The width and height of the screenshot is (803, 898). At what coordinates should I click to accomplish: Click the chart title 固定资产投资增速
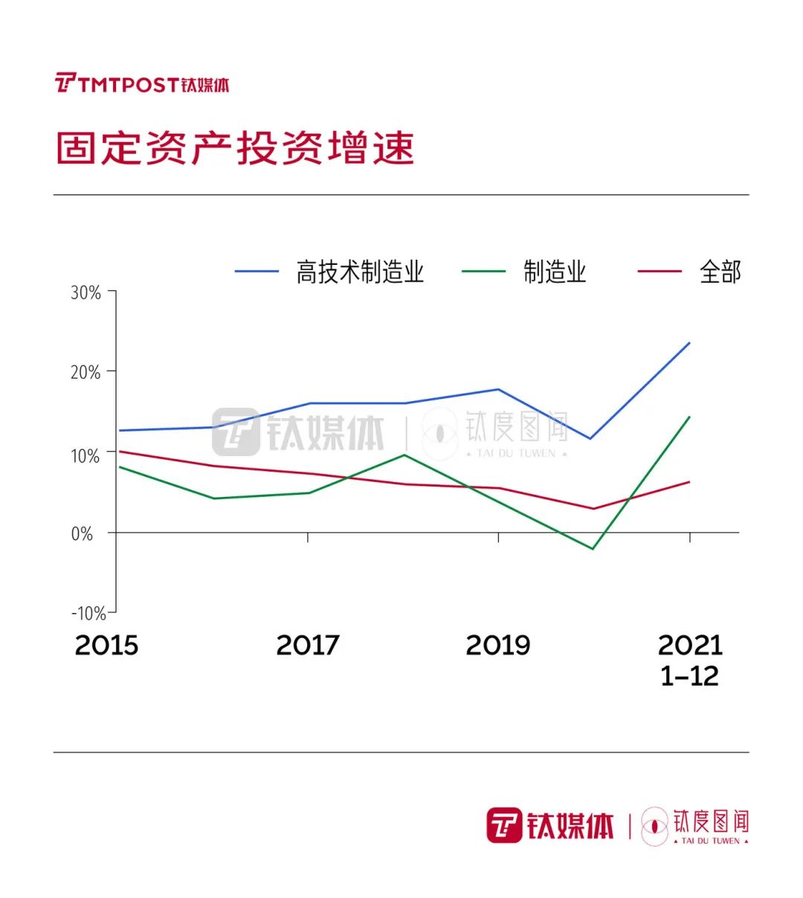235,148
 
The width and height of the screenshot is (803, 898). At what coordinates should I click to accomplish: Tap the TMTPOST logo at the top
142,83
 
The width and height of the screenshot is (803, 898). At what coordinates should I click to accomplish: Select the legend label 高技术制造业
360,272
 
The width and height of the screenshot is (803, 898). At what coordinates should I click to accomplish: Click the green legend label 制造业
555,272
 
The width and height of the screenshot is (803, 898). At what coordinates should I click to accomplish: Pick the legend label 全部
720,272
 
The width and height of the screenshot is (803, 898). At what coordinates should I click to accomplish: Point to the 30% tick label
86,292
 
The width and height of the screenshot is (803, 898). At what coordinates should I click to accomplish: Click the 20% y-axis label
86,372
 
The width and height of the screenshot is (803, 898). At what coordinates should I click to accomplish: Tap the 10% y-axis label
86,455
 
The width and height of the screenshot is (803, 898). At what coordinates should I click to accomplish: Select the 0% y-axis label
83,533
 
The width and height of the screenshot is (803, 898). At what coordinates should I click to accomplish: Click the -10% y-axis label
88,613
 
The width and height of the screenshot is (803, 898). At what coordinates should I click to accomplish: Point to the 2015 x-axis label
106,645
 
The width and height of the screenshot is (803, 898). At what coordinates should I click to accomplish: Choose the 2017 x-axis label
307,645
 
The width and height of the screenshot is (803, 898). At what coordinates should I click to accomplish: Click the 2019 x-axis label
498,645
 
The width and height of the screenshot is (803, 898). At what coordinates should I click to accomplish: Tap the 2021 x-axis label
690,645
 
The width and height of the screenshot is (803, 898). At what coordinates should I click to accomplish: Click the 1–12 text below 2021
690,676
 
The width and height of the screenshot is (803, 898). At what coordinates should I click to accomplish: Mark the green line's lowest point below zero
593,549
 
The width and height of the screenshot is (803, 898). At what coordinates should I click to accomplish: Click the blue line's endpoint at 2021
689,343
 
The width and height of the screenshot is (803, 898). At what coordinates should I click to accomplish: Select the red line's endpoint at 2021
689,482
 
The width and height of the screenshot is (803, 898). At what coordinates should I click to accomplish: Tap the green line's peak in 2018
404,455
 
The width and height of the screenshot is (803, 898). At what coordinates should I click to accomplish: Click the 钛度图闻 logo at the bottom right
695,826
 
